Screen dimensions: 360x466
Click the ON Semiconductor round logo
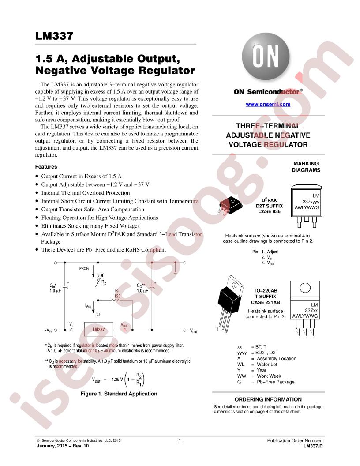pos(266,56)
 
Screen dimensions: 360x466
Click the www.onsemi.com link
pos(268,104)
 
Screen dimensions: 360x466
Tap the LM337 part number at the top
pos(54,36)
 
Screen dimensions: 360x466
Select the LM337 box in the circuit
pos(99,329)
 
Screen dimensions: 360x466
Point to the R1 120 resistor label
pos(118,293)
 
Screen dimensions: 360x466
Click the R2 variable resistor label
pos(104,282)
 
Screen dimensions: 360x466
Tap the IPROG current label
pos(83,268)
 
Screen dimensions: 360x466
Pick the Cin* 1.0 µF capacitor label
pos(55,288)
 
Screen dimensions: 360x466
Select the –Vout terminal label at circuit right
pos(192,331)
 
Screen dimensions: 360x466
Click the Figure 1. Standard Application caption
pos(119,394)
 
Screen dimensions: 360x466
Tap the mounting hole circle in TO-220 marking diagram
pos(305,288)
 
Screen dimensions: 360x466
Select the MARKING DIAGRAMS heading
pos(306,167)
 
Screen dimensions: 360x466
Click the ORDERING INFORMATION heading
pos(268,399)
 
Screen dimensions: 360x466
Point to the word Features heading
pos(46,167)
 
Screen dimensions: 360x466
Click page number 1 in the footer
pos(180,441)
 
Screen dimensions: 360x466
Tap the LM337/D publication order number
pos(313,446)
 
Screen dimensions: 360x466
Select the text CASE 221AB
pos(266,302)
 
